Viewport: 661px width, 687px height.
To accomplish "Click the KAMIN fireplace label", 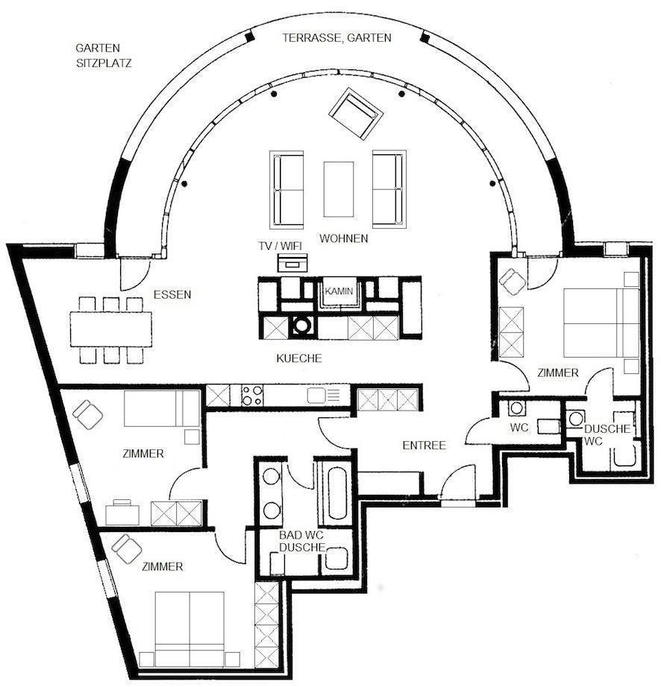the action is [339, 291].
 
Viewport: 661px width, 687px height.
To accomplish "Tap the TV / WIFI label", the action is [281, 246].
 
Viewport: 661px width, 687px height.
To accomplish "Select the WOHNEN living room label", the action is [343, 238].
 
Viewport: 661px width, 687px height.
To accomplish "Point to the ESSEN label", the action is [172, 294].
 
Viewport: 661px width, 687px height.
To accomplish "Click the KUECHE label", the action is [299, 358].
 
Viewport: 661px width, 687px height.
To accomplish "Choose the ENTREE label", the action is [425, 445].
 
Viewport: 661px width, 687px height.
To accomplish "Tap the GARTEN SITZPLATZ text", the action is [104, 55].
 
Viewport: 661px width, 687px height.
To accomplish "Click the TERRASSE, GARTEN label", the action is [337, 38].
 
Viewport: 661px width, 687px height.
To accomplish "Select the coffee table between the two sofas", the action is [339, 189].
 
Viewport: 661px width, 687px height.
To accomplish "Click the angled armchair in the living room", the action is [356, 114].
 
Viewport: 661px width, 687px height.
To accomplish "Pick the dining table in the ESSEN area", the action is [111, 329].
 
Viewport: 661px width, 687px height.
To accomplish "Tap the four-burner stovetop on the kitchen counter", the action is [252, 395].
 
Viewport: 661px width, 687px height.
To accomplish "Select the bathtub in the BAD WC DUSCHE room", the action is [337, 493].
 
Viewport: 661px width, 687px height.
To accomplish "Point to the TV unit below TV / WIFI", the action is [292, 263].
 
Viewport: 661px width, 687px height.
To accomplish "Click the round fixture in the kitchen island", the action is [301, 325].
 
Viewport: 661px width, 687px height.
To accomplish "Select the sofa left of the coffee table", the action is [287, 189].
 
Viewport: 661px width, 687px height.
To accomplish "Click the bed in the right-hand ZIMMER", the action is [601, 323].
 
